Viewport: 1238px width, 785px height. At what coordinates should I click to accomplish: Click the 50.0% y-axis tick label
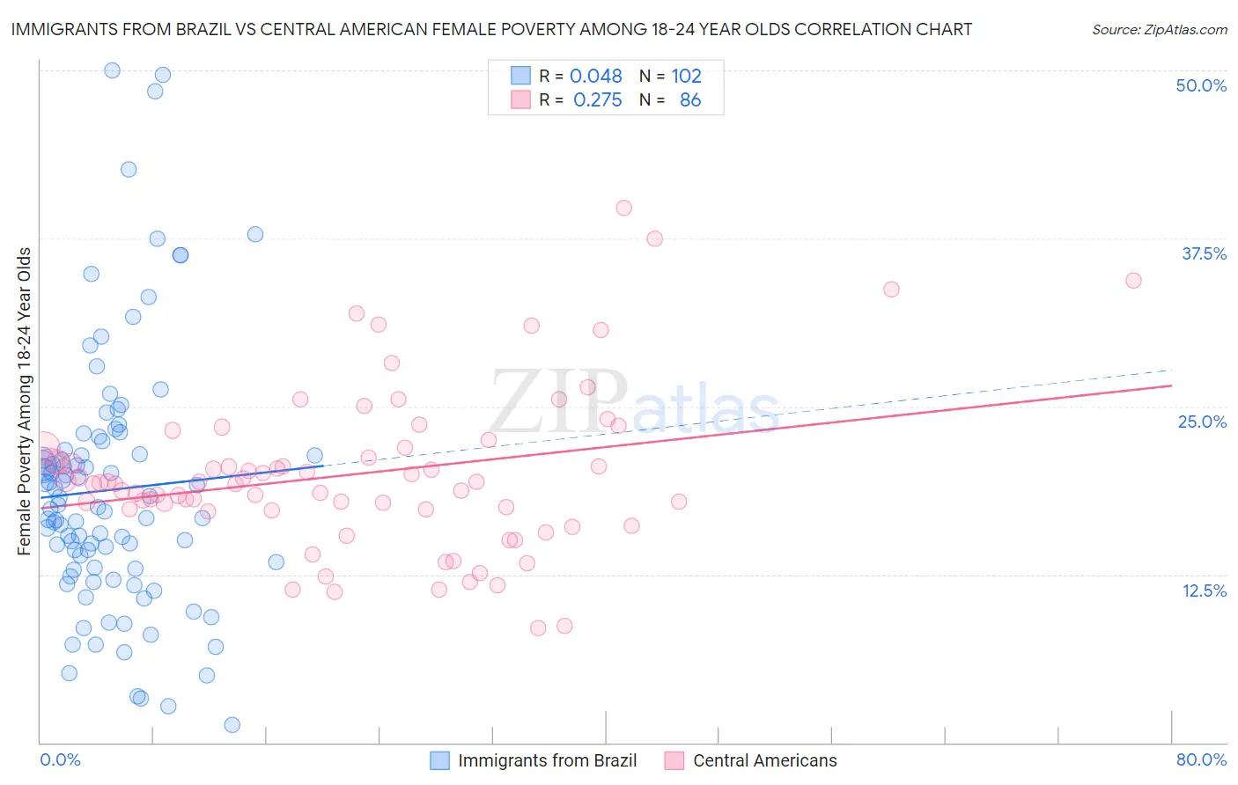point(1201,85)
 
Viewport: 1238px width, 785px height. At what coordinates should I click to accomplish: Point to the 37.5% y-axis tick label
point(1204,253)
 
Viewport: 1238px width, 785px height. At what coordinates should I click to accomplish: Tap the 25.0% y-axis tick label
point(1202,422)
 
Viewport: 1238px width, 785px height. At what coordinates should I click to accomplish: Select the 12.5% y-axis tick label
point(1204,591)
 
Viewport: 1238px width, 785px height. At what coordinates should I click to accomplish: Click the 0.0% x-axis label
point(60,759)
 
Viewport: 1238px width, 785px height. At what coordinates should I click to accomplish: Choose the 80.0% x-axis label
point(1201,759)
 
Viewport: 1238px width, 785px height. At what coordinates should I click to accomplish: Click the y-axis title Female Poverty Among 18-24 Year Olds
point(25,401)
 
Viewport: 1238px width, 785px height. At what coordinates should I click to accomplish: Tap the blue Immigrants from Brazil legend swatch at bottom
point(439,760)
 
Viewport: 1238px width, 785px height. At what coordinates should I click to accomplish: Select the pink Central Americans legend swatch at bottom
point(674,760)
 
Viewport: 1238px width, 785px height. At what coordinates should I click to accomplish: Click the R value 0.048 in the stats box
point(595,77)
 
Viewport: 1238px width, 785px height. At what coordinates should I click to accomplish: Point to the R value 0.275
point(597,100)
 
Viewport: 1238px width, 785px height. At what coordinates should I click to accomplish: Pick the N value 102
point(686,77)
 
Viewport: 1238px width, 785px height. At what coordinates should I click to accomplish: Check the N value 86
point(690,100)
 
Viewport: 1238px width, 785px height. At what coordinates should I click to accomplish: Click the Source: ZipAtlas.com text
point(1159,29)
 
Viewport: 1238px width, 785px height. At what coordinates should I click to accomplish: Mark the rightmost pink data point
point(1133,281)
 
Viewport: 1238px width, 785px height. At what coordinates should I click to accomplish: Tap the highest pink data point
point(623,208)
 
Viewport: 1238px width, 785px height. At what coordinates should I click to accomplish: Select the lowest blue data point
point(232,725)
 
